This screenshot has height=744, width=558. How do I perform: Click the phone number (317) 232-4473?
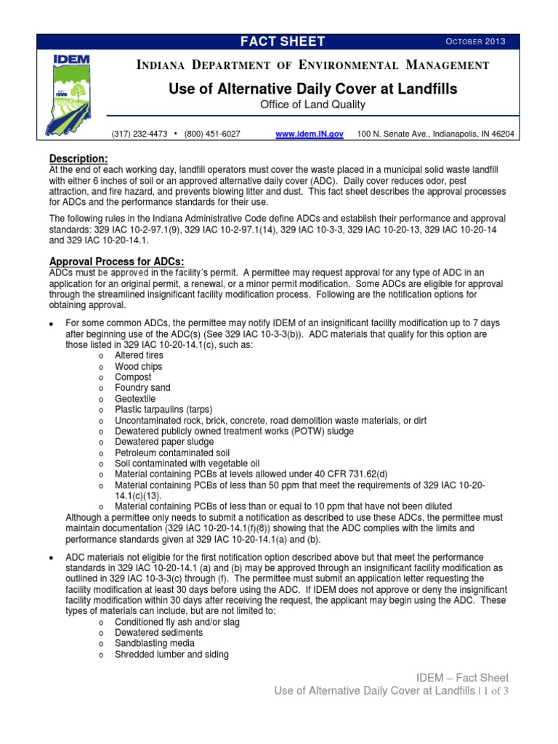pyautogui.click(x=139, y=134)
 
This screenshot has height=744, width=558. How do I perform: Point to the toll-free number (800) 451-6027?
pyautogui.click(x=212, y=134)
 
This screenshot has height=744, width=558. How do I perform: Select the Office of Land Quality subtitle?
pyautogui.click(x=312, y=105)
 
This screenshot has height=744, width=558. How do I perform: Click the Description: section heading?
pyautogui.click(x=78, y=159)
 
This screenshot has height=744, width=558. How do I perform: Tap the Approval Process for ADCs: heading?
pyautogui.click(x=116, y=262)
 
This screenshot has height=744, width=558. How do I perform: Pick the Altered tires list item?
pyautogui.click(x=139, y=356)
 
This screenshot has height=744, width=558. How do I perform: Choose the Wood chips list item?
pyautogui.click(x=138, y=367)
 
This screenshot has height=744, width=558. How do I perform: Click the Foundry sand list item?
pyautogui.click(x=142, y=388)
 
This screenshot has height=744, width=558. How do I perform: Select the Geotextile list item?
pyautogui.click(x=136, y=399)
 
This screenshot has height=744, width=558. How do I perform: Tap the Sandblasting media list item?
pyautogui.click(x=152, y=644)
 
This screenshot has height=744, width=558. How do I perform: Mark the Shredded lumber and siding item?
pyautogui.click(x=171, y=655)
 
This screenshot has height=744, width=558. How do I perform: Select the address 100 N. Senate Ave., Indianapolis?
pyautogui.click(x=436, y=134)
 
